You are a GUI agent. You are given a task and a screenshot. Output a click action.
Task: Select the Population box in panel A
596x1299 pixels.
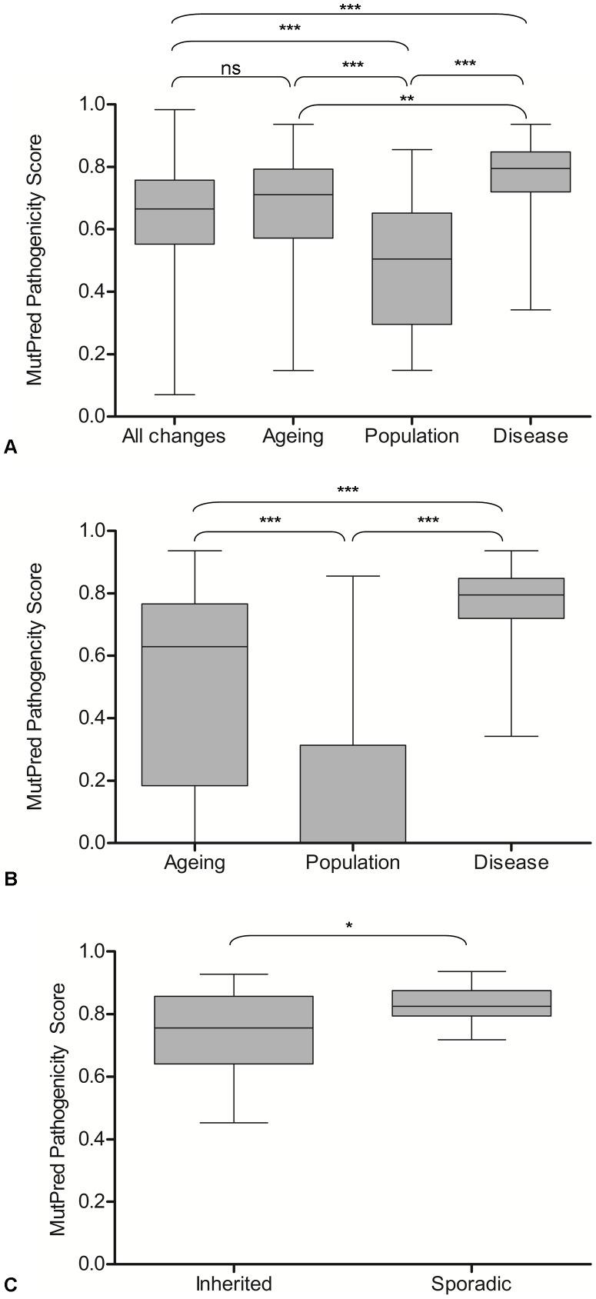click(411, 268)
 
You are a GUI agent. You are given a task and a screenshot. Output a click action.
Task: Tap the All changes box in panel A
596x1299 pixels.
click(174, 212)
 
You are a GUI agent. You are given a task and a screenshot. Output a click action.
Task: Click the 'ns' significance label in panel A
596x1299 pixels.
click(231, 68)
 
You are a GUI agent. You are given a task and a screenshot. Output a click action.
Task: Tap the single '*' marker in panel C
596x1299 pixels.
click(349, 926)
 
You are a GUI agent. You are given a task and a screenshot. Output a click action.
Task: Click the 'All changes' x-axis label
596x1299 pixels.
click(174, 437)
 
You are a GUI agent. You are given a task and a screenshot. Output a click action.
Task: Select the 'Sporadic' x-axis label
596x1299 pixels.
click(471, 1284)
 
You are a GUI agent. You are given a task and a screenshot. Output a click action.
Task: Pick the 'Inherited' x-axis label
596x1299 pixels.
click(234, 1284)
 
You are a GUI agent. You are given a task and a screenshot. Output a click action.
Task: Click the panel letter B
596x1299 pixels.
click(10, 879)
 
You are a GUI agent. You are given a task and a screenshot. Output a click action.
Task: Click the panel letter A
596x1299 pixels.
click(10, 446)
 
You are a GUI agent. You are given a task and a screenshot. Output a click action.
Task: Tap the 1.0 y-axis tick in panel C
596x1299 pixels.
click(94, 952)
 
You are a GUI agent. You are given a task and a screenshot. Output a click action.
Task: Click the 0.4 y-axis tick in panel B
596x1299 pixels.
click(94, 718)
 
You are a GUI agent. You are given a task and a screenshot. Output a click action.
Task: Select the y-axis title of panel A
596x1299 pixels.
click(35, 260)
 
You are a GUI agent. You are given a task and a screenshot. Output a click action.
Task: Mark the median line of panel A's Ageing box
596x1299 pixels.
click(293, 195)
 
